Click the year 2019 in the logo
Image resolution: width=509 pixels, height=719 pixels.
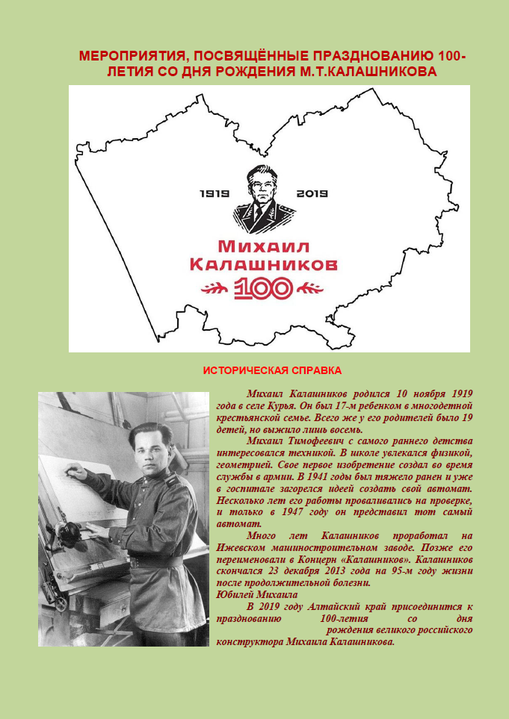point(312,194)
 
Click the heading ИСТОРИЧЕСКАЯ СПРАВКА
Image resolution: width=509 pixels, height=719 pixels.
point(273,370)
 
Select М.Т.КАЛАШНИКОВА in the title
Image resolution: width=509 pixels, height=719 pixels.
point(377,71)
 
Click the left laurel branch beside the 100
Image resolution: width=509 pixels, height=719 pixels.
point(213,288)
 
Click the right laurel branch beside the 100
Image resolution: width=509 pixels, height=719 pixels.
point(309,288)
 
